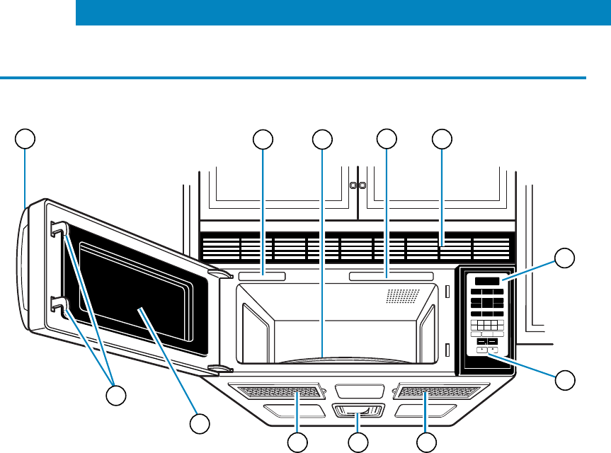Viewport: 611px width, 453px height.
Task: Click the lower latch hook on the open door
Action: coord(59,306)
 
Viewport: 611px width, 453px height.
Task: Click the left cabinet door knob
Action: coord(353,185)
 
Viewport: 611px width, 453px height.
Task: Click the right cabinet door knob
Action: coord(362,185)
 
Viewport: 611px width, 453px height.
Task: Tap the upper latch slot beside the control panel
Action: coord(447,291)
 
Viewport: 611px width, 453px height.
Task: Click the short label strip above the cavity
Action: coord(261,275)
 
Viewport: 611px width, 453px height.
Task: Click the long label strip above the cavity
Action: coord(391,275)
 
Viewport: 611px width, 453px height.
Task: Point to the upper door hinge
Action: coord(221,273)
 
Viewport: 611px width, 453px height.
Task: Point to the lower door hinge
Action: coord(221,368)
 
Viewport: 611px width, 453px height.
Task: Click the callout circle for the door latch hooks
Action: coord(116,395)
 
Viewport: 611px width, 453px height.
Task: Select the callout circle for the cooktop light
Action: coord(358,443)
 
